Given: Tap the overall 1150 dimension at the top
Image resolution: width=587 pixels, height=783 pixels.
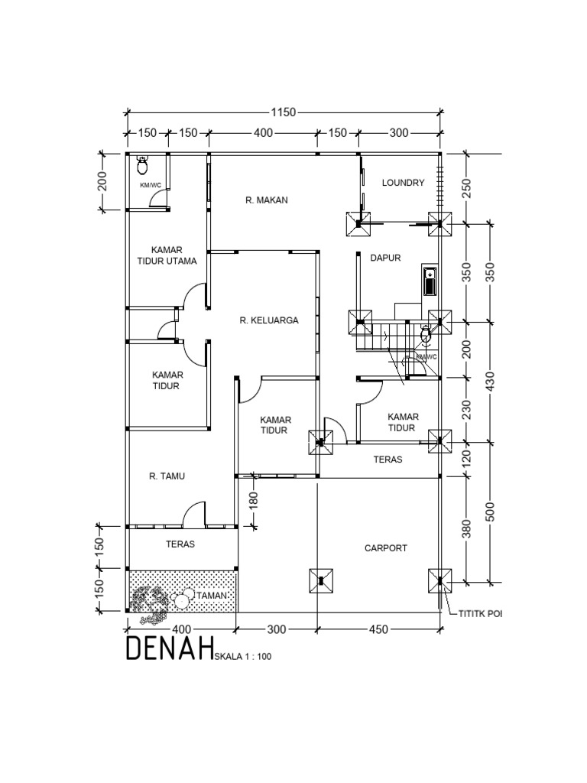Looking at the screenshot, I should tap(282, 112).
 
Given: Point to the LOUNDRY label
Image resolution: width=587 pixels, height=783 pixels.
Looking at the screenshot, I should tap(403, 183).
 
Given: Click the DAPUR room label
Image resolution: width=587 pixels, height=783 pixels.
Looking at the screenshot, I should tap(386, 258).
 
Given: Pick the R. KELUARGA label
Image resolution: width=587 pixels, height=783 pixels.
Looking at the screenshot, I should tap(268, 321).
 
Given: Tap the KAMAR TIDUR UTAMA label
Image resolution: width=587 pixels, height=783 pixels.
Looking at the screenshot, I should tap(167, 255).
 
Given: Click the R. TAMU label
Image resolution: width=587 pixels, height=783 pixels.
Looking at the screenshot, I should tap(167, 476).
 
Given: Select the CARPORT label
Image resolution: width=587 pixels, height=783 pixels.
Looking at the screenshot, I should tap(386, 548).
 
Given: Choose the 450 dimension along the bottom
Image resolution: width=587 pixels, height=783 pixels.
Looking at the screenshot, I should tap(378, 629).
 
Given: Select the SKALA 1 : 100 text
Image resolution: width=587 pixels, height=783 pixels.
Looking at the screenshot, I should tap(243, 655).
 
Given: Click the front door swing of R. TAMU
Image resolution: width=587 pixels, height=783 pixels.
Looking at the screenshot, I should tap(194, 514).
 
